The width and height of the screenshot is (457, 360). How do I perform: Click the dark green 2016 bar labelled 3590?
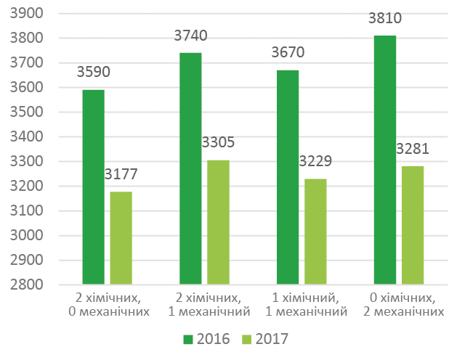point(93,187)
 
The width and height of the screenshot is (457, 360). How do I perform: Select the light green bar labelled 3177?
point(121,238)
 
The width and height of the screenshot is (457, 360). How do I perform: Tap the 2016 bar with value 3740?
point(190,168)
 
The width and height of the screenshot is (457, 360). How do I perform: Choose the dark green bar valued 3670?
point(287,177)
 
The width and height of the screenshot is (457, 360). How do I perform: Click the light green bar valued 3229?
point(315,232)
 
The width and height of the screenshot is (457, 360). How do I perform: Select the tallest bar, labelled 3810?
point(384,160)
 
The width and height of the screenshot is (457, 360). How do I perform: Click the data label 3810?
point(384,18)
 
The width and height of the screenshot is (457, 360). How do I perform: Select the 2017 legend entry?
point(264,339)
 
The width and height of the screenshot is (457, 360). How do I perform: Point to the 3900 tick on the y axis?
point(28,14)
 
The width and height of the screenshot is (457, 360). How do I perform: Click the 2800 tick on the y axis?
point(28,285)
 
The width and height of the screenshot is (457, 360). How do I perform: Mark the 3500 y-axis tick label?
point(28,112)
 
